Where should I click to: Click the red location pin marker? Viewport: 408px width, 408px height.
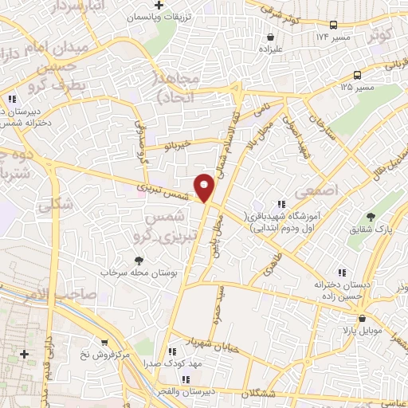point(205,186)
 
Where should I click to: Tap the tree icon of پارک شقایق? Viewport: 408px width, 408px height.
point(371,216)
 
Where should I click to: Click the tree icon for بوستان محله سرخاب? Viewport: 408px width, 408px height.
point(139,260)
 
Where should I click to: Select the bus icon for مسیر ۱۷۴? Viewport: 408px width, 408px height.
point(333,25)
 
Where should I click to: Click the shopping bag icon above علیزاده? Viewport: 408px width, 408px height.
point(272,36)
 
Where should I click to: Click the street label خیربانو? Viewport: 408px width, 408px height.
point(175,147)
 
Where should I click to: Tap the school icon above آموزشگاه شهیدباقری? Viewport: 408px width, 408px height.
point(280,205)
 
